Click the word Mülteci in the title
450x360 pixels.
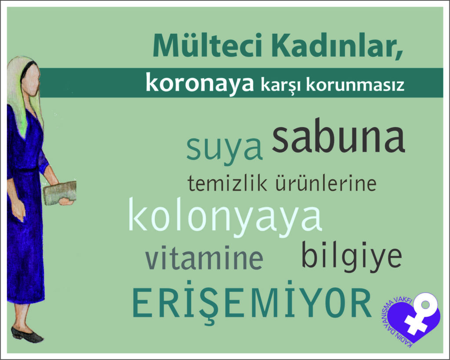pyautogui.click(x=207, y=46)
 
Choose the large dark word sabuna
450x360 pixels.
pyautogui.click(x=339, y=136)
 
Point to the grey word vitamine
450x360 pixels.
pyautogui.click(x=204, y=257)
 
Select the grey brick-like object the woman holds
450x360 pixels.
pyautogui.click(x=60, y=193)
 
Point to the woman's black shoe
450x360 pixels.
pyautogui.click(x=27, y=335)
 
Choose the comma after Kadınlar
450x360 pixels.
pyautogui.click(x=399, y=56)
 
